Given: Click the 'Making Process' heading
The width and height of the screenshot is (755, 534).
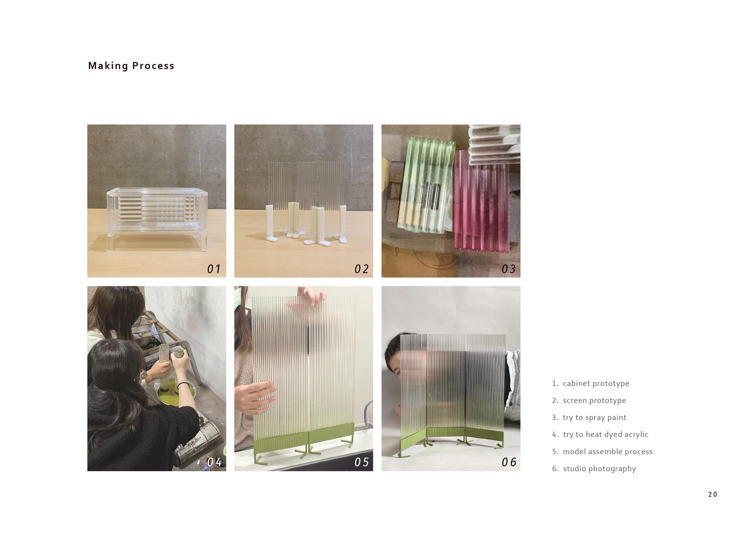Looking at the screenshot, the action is click(x=131, y=66).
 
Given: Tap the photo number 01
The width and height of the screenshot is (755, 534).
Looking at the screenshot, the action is click(x=214, y=269).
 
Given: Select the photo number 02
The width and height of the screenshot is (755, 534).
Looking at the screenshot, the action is click(x=361, y=269).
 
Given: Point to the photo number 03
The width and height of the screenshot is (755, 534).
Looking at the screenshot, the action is click(x=508, y=269).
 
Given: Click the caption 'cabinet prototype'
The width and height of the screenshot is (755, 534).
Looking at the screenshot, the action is click(x=596, y=383).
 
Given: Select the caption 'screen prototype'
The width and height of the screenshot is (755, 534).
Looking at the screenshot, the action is click(x=594, y=401).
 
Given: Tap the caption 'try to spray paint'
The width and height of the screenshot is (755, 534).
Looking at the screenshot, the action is click(x=594, y=418).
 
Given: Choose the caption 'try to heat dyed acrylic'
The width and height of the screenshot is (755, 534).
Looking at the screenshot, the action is click(x=606, y=434).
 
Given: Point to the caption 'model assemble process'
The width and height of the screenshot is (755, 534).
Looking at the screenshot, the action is click(x=608, y=452).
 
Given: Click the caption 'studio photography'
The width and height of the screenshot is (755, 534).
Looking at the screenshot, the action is click(x=599, y=469).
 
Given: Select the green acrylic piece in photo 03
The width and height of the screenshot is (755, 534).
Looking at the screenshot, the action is click(x=426, y=186).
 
